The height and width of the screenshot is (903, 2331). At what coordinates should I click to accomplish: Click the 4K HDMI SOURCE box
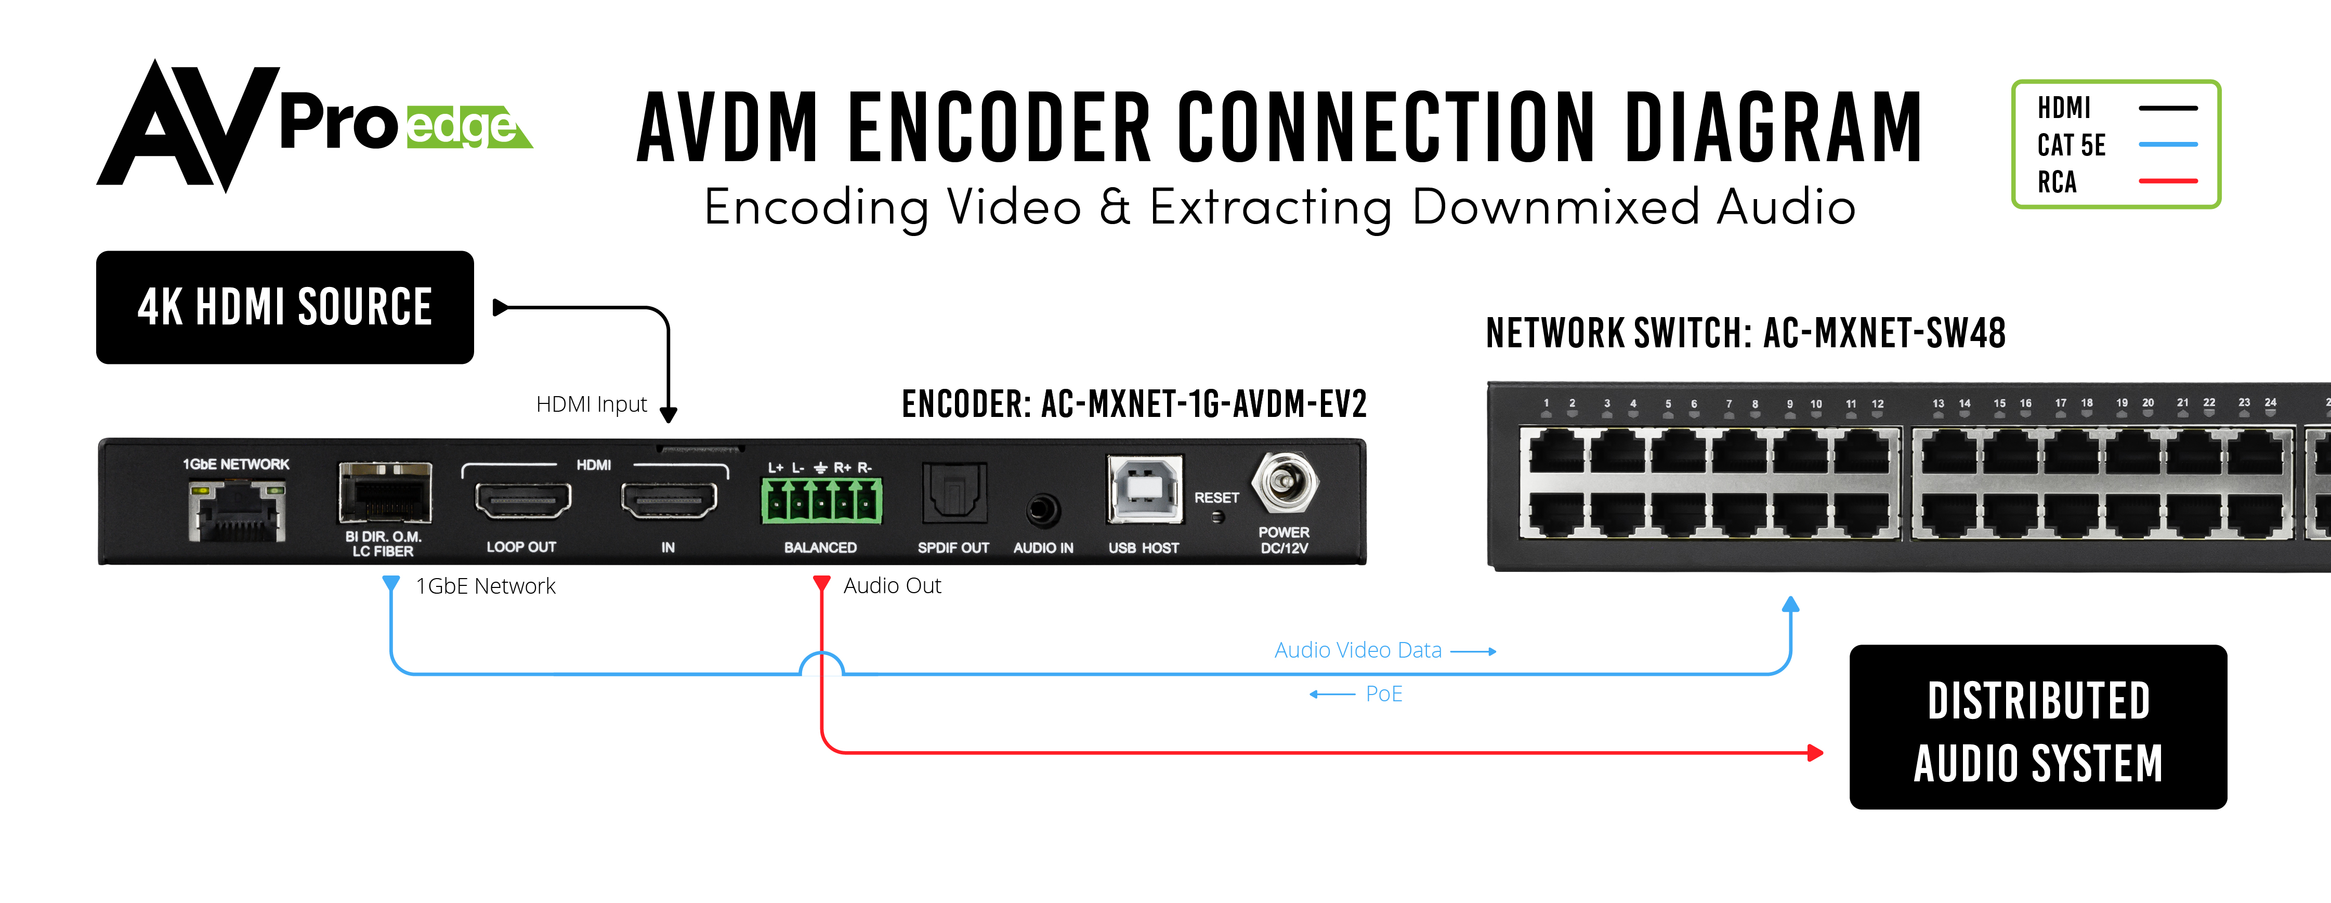coord(285,308)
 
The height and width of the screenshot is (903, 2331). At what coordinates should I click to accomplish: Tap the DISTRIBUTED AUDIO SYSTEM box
coord(2038,727)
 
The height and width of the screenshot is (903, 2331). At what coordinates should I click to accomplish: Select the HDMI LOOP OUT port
coord(522,500)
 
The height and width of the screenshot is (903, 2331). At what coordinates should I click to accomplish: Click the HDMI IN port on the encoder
coord(669,500)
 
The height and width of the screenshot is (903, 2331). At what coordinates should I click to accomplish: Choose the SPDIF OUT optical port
coord(954,493)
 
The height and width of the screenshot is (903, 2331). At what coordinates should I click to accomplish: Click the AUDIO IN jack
coord(1042,511)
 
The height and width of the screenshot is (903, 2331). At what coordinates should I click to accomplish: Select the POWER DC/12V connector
coord(1284,483)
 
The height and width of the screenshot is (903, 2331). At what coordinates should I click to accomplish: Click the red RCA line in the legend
coord(2168,181)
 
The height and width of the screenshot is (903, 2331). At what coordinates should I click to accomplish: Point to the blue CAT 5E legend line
coord(2168,144)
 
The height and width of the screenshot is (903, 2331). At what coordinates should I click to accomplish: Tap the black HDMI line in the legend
coord(2168,108)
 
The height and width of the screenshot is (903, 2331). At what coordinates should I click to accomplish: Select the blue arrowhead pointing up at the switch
coord(1791,605)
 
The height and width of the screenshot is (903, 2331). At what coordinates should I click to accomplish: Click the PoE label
coord(1384,694)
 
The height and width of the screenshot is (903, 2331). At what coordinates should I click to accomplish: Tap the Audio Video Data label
coord(1357,650)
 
